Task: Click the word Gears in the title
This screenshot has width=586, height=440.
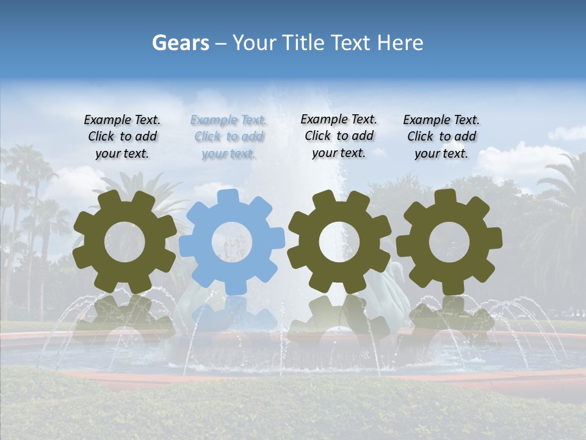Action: (x=180, y=43)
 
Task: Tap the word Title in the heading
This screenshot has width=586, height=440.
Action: (x=303, y=43)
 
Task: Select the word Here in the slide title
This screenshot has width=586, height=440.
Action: (x=400, y=43)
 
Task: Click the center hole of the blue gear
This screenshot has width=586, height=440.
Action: (x=232, y=241)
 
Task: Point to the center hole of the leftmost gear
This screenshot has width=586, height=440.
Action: (x=125, y=241)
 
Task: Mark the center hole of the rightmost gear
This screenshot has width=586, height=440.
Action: (x=449, y=241)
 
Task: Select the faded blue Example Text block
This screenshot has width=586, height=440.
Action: (x=228, y=137)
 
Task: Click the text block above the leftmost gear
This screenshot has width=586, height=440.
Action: (x=122, y=136)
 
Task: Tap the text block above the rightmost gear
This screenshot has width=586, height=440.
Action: (x=441, y=136)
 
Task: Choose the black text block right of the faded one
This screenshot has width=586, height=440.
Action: (x=339, y=136)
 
